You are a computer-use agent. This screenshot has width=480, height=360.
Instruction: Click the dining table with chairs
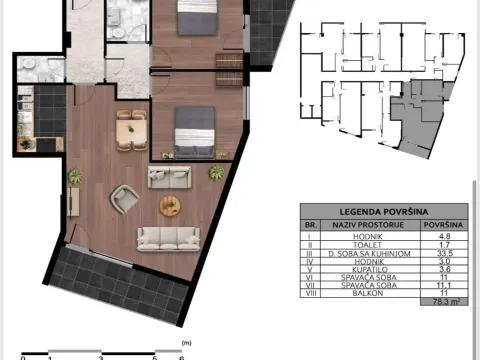(128, 129)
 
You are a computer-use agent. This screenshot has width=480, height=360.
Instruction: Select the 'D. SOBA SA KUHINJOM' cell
(367, 255)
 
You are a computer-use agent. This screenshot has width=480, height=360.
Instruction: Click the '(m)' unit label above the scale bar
(183, 341)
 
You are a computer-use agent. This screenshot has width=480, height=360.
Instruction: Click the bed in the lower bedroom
(192, 131)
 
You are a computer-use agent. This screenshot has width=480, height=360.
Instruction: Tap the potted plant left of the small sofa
(74, 177)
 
